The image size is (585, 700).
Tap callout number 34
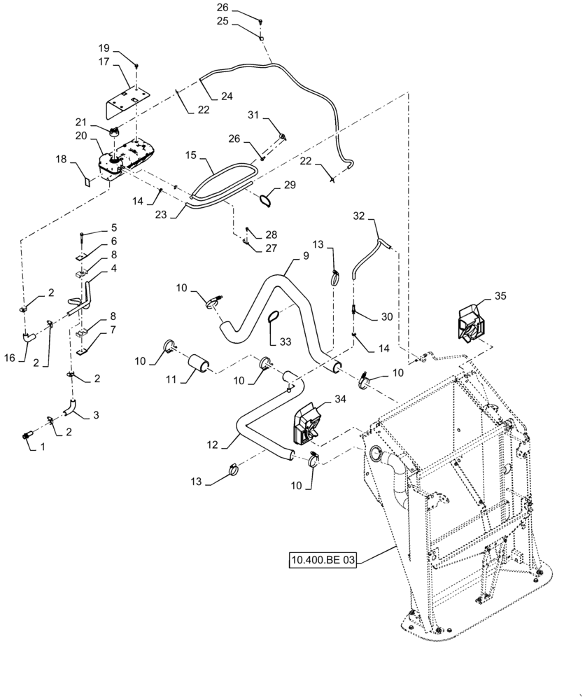(x=339, y=399)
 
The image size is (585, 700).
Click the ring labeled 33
(x=275, y=320)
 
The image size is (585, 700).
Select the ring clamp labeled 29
(x=265, y=201)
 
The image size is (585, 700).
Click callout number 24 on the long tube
(x=227, y=96)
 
